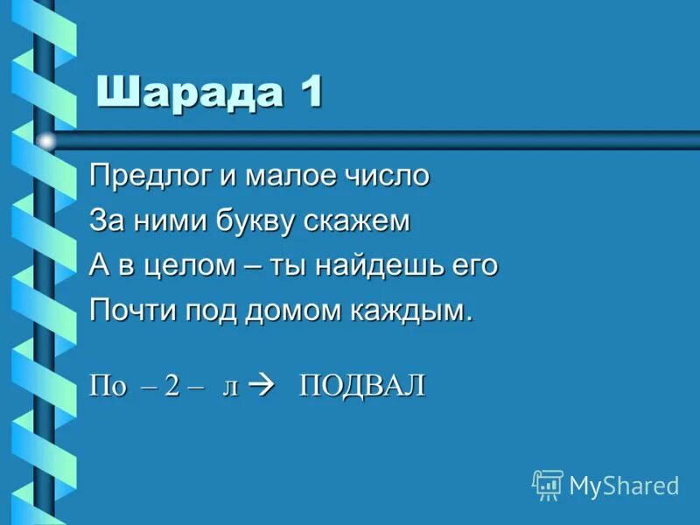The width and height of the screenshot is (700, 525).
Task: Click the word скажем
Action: click(357, 221)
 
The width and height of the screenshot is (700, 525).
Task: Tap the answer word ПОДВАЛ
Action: click(362, 386)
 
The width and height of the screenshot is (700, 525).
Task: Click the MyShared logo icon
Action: click(547, 484)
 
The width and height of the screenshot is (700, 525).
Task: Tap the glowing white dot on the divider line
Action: click(45, 140)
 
